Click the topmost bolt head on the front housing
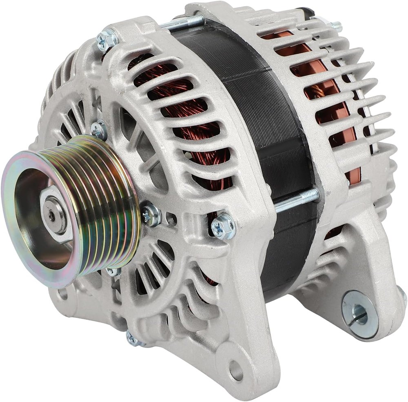coord(107,39)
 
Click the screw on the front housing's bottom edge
coord(133,338)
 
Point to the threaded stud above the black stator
coord(184,23)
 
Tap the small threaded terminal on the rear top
coord(335,26)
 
